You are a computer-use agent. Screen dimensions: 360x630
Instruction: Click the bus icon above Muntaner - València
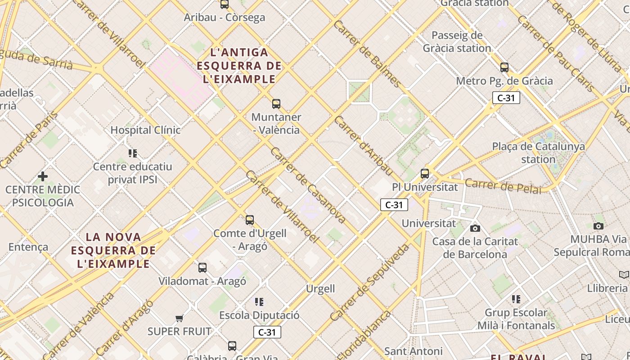coord(276,104)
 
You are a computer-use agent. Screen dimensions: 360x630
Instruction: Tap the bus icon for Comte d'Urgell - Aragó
coord(250,220)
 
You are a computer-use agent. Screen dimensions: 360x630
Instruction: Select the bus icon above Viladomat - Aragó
coord(202,268)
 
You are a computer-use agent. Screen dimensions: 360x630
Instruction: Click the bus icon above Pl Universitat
coord(424,173)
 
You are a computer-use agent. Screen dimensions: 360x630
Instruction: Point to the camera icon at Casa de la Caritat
coord(475,228)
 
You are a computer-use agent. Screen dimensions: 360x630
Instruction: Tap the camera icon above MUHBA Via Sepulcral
coord(598,226)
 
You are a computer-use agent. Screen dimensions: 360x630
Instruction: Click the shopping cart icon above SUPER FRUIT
coord(180,319)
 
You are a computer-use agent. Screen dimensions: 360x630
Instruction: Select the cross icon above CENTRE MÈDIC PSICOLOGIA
coord(43,176)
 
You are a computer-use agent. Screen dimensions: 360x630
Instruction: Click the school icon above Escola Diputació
coord(259,301)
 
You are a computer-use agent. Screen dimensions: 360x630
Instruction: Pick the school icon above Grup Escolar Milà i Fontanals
coord(516,299)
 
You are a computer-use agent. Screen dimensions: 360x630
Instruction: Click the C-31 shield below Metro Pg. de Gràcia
coord(506,98)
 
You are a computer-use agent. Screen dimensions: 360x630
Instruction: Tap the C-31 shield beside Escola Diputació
coord(267,333)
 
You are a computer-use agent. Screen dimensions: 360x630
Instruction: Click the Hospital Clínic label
coord(145,130)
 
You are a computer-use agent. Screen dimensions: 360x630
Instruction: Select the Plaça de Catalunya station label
coord(538,153)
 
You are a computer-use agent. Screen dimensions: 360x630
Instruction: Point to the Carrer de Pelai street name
coord(503,186)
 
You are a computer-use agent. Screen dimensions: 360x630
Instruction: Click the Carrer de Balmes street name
coord(367,54)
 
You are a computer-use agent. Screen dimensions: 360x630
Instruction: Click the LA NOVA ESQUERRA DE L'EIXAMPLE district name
coord(113,250)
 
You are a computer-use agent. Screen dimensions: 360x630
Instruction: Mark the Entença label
coord(28,247)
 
